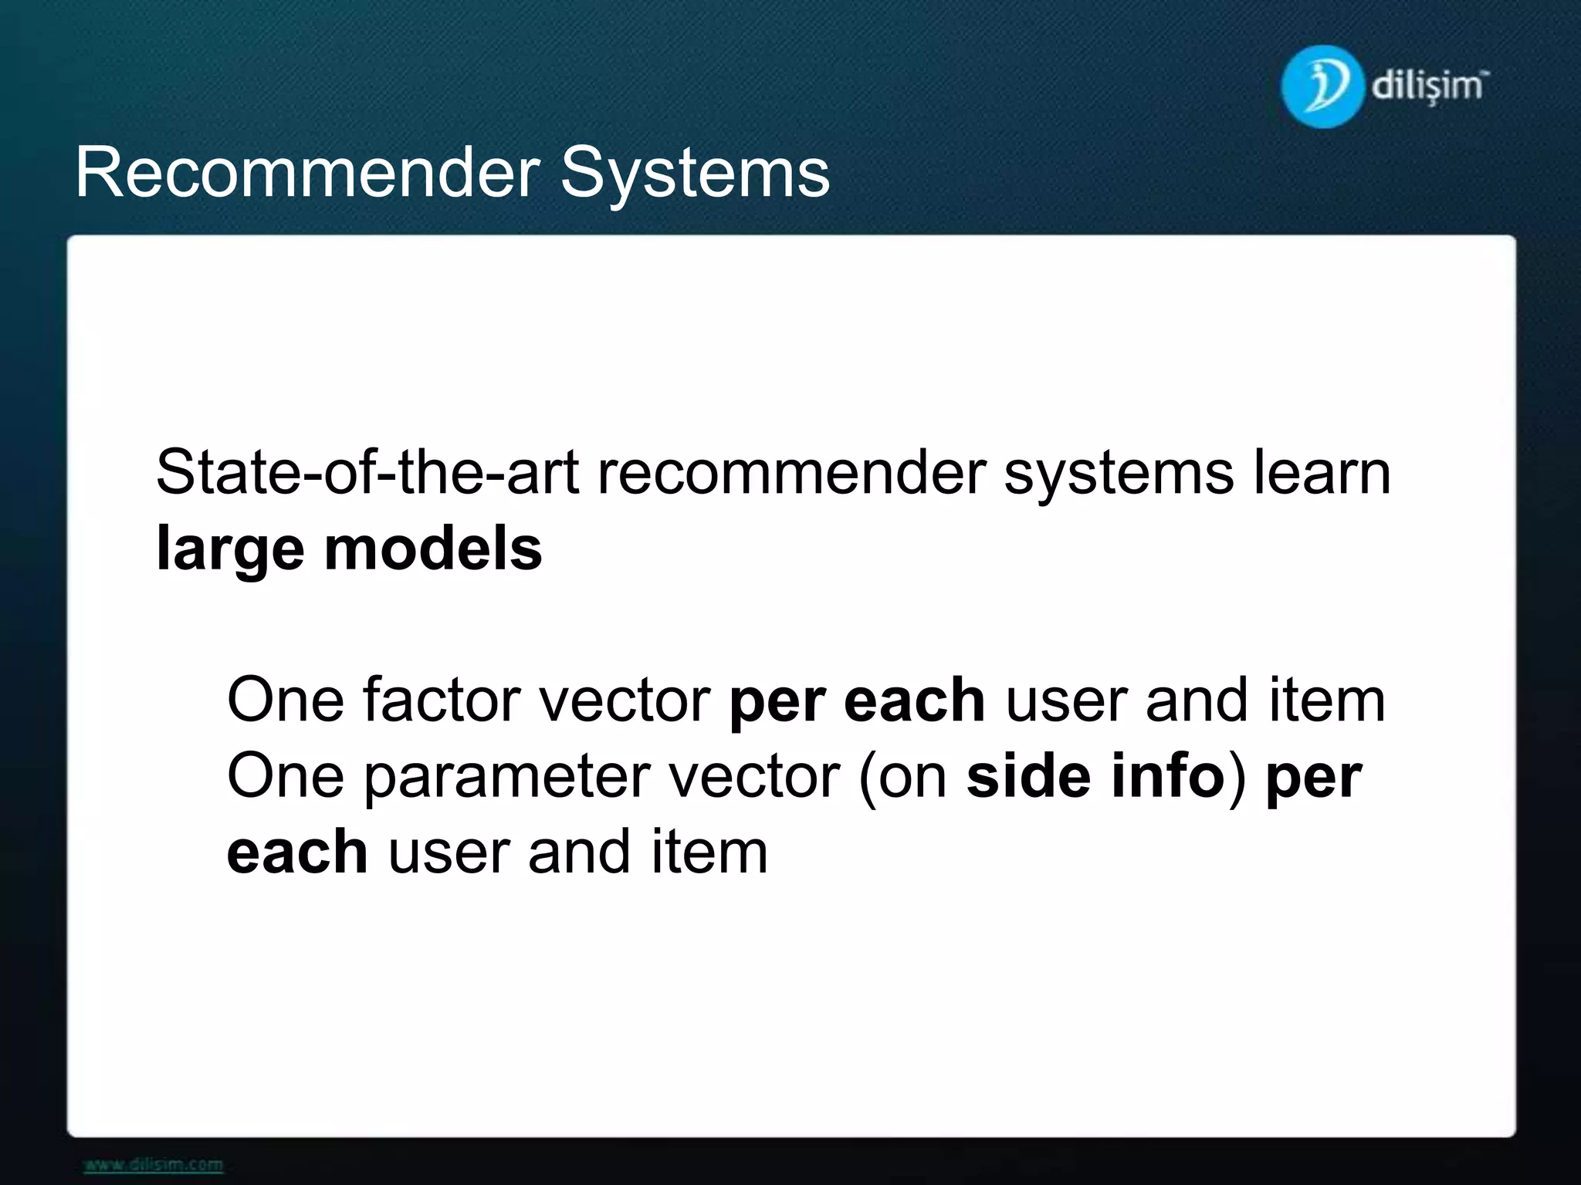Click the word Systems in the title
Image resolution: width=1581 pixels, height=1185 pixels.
(694, 173)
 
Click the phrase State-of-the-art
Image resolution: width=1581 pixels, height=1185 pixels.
(367, 472)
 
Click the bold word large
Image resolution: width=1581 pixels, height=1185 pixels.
(230, 551)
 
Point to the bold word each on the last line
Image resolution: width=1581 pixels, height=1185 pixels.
(296, 852)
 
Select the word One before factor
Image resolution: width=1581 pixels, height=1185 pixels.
(285, 700)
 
